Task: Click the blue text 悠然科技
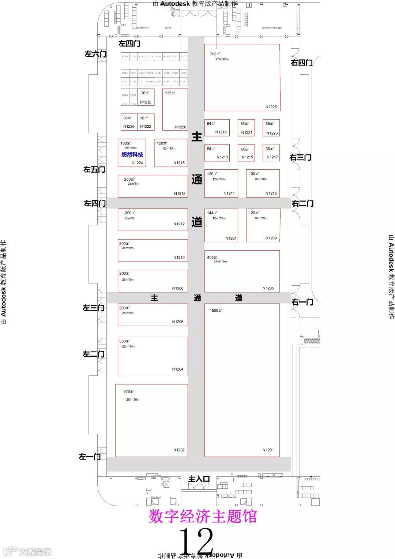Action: pyautogui.click(x=132, y=155)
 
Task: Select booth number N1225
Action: pyautogui.click(x=271, y=107)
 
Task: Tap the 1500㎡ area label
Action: pyautogui.click(x=216, y=311)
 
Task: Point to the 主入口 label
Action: pyautogui.click(x=199, y=479)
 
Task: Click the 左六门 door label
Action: pyautogui.click(x=95, y=54)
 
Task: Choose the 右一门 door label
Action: pyautogui.click(x=302, y=302)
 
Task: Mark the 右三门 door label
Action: pyautogui.click(x=300, y=158)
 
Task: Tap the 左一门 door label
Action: pyautogui.click(x=90, y=457)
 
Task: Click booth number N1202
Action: pyautogui.click(x=179, y=450)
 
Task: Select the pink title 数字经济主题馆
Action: pyautogui.click(x=203, y=517)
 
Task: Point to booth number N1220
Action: pyautogui.click(x=181, y=127)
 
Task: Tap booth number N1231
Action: pyautogui.click(x=231, y=238)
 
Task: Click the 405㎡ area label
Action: pyautogui.click(x=212, y=258)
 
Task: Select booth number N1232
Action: pyautogui.click(x=146, y=102)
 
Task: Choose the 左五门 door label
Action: pyautogui.click(x=94, y=169)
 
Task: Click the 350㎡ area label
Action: pyautogui.click(x=124, y=341)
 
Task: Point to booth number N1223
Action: pyautogui.click(x=272, y=133)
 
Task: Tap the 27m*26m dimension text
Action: pyautogui.click(x=222, y=59)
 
